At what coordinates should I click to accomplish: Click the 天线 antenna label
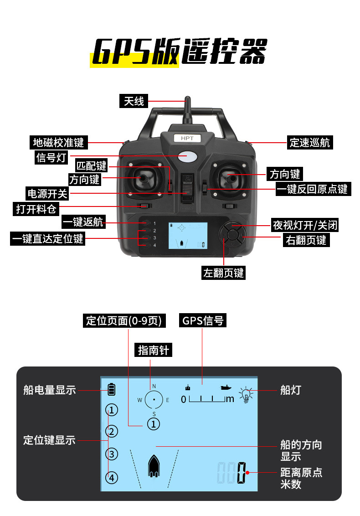134,101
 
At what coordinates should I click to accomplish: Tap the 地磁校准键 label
59,142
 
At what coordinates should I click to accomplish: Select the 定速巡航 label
310,142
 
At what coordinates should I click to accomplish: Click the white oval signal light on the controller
187,156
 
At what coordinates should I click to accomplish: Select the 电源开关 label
47,193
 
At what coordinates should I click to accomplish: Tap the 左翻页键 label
224,273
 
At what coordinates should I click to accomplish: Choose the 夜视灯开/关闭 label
305,225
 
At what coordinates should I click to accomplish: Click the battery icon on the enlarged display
112,389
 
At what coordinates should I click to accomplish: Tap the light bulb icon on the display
247,395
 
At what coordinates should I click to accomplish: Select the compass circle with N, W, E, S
154,400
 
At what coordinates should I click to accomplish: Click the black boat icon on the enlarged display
154,466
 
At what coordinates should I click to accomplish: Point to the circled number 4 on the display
112,477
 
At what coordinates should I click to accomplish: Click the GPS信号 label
203,320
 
